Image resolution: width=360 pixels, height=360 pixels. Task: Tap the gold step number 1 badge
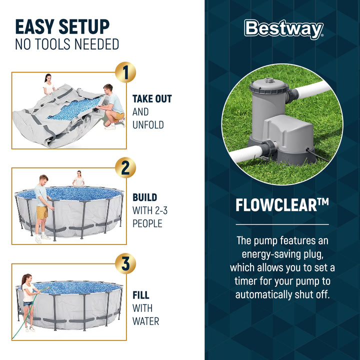(x=125, y=73)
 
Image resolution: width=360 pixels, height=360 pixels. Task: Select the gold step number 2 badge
(x=125, y=168)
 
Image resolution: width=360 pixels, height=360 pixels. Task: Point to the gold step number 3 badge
(x=125, y=263)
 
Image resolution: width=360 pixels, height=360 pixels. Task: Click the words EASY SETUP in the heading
(x=62, y=26)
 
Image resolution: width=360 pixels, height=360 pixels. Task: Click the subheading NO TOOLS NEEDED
(x=67, y=44)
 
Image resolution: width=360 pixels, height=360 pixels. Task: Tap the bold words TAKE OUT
(x=152, y=99)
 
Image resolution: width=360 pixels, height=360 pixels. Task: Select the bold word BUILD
(x=144, y=197)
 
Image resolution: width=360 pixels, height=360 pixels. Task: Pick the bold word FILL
(x=141, y=295)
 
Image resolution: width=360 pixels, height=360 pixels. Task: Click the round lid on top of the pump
(x=269, y=80)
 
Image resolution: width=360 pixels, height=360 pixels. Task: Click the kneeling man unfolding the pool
(x=113, y=105)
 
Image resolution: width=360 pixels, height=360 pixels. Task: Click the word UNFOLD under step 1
(x=148, y=125)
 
